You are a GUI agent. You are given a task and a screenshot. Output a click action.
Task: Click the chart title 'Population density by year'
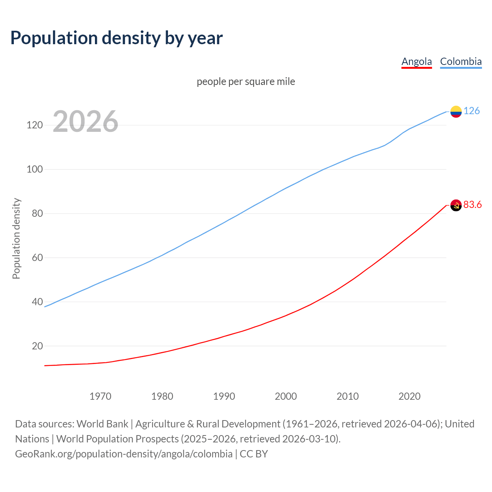[x=116, y=38]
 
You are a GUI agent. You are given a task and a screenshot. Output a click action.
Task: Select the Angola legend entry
[x=417, y=61]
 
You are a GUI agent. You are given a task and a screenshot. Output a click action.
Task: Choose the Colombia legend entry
[x=460, y=61]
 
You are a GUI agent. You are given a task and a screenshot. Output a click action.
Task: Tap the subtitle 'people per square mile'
[x=246, y=81]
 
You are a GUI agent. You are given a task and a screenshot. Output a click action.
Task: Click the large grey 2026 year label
[x=85, y=121]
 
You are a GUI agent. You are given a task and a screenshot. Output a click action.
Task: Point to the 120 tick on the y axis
[x=35, y=125]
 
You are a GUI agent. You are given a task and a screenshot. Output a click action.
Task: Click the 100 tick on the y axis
[x=35, y=170]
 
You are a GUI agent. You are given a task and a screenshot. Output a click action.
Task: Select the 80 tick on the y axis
[x=37, y=214]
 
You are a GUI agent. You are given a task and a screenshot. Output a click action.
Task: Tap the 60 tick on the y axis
[x=37, y=258]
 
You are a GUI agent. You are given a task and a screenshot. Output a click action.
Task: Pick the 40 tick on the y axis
[x=37, y=302]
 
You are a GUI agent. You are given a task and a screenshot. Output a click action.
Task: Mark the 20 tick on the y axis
[x=37, y=346]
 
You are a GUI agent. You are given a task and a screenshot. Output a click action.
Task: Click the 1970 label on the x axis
[x=100, y=396]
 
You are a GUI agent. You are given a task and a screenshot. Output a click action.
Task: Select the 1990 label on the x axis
[x=224, y=396]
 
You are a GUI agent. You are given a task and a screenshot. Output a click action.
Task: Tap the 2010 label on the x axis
[x=347, y=396]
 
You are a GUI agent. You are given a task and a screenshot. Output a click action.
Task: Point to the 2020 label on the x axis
[x=409, y=396]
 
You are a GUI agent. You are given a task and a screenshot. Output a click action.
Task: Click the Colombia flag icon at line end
[x=456, y=111]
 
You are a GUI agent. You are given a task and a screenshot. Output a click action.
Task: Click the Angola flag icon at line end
[x=456, y=206]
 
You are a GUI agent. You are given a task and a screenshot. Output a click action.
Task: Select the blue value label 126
[x=472, y=111]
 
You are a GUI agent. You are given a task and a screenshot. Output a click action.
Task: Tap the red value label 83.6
[x=472, y=205]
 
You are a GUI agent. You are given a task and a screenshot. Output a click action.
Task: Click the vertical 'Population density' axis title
[x=16, y=238]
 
